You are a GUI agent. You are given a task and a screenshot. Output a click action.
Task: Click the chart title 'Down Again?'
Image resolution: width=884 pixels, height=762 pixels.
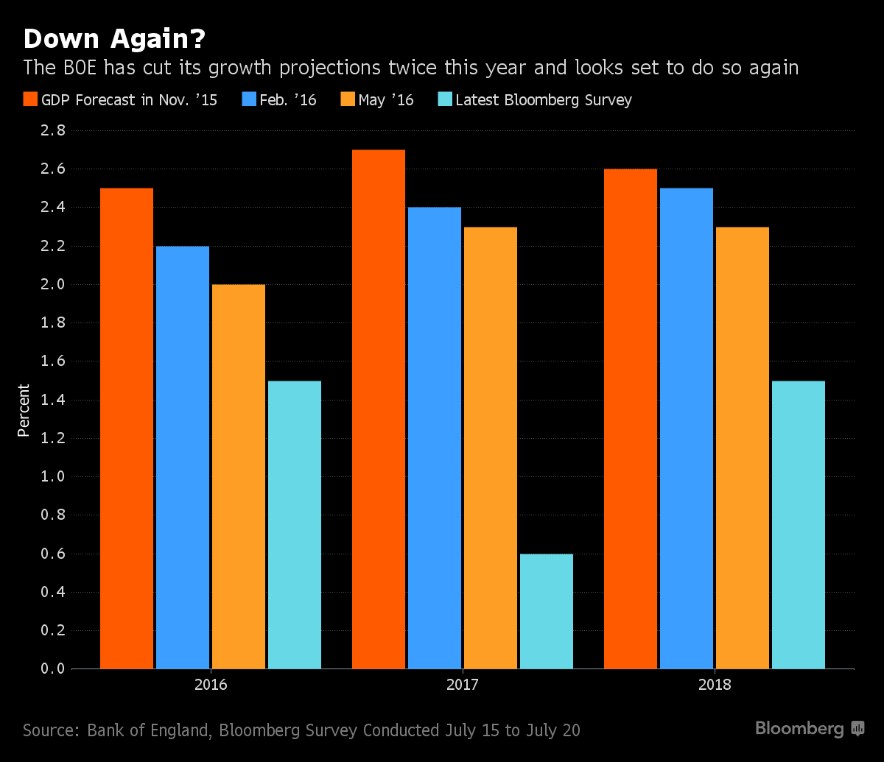click(114, 39)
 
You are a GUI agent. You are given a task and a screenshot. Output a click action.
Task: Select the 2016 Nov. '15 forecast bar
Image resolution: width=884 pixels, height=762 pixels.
click(127, 428)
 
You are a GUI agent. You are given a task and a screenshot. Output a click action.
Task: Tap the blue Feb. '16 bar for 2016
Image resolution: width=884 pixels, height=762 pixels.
click(183, 457)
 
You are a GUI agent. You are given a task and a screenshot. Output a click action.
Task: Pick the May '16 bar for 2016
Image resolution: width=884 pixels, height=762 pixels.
click(239, 476)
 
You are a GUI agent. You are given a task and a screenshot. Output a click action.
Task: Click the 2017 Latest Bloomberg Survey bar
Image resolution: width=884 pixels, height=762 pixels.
click(547, 612)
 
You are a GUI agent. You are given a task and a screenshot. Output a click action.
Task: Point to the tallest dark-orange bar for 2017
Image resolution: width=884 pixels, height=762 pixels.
click(379, 409)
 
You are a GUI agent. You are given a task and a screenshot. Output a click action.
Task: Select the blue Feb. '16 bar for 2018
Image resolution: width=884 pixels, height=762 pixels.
click(687, 428)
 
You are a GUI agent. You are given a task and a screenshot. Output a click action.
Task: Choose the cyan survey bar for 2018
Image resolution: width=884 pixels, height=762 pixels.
click(799, 525)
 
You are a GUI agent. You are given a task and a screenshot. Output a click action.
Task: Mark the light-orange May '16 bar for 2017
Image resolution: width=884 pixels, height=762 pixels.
click(491, 448)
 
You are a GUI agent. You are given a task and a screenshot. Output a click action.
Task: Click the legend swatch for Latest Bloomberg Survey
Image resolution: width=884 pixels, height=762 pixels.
click(445, 99)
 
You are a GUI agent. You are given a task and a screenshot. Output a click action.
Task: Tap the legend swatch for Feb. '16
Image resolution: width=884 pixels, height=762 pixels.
click(249, 99)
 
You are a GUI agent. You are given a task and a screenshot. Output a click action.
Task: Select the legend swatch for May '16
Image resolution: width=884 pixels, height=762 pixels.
click(348, 99)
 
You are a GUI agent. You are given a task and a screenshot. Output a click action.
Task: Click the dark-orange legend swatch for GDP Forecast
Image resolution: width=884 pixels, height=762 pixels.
click(30, 99)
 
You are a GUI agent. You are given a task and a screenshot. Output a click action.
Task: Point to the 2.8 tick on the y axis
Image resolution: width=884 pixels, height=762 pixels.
click(53, 130)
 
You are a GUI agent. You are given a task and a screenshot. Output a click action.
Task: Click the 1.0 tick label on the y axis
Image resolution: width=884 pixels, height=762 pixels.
click(53, 476)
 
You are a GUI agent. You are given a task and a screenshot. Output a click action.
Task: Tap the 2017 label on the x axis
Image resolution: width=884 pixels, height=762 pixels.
click(463, 685)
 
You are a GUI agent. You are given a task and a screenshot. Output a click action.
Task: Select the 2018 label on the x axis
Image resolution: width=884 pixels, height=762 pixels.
click(715, 685)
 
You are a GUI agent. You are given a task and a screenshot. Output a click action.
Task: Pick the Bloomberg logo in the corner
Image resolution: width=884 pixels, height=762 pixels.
click(810, 729)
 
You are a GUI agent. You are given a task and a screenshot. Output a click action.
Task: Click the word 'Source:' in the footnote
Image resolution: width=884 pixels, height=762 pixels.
click(52, 730)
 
